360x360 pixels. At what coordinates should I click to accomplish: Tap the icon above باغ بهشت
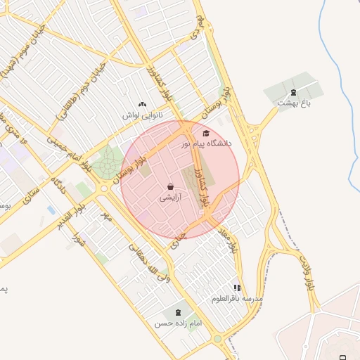pyautogui.click(x=293, y=92)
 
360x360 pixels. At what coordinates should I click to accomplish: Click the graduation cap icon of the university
pyautogui.click(x=206, y=133)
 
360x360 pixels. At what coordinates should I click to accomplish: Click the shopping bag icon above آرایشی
pyautogui.click(x=171, y=187)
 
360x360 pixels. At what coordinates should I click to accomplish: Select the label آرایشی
pyautogui.click(x=171, y=198)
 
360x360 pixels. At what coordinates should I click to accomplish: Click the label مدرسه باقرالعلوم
pyautogui.click(x=238, y=299)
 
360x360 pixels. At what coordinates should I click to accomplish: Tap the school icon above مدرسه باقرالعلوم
pyautogui.click(x=238, y=288)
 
